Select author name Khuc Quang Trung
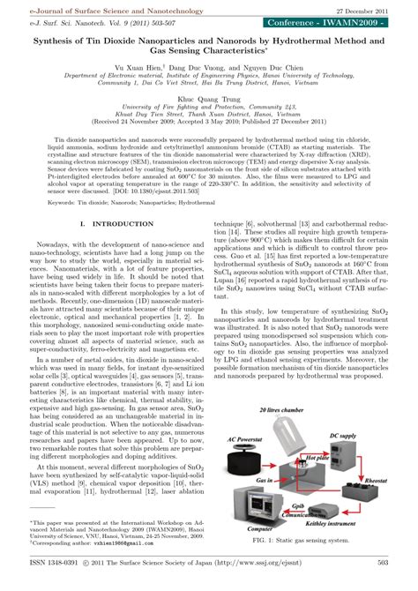click(209, 99)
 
